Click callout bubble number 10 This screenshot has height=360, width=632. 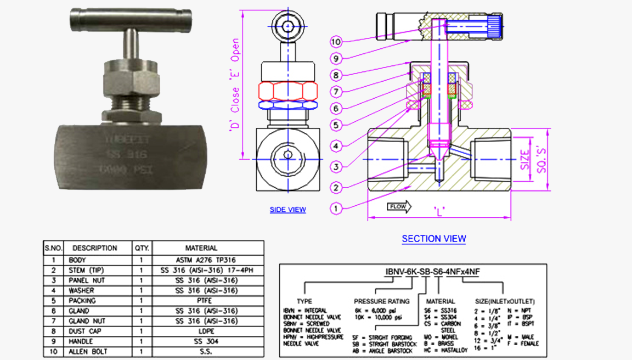336,41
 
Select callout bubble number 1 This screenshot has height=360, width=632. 336,208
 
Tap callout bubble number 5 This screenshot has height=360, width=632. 336,125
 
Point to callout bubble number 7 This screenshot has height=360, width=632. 336,91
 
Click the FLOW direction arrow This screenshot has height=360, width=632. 399,207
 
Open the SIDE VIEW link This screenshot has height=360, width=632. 287,210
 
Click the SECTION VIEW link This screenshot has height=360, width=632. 433,239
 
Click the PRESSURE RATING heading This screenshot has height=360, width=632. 381,301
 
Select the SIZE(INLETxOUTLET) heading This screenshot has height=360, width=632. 504,301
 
